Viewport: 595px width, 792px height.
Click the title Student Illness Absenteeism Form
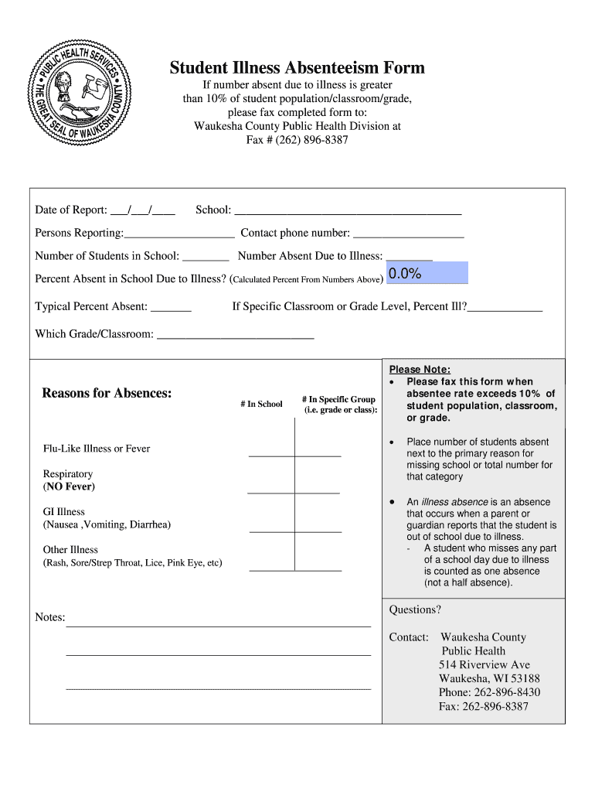[297, 68]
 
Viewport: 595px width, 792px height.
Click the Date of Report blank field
[142, 210]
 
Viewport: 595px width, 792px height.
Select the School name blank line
[347, 210]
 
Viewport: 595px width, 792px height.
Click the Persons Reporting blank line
[179, 233]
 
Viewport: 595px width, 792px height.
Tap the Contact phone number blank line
[408, 233]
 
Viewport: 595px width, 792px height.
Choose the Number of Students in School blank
[206, 256]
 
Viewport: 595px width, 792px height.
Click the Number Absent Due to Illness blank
[409, 256]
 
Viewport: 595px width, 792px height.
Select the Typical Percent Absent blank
[171, 307]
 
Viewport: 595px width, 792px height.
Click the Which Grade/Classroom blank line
[235, 335]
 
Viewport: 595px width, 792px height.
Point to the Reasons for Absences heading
[107, 393]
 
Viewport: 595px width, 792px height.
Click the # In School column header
[261, 404]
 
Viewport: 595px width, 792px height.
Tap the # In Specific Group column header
[338, 405]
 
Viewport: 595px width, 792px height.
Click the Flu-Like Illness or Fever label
[97, 449]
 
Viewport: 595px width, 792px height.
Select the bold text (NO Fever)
[69, 486]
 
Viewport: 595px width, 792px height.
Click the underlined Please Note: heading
[420, 369]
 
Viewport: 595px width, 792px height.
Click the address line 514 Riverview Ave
[484, 664]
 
